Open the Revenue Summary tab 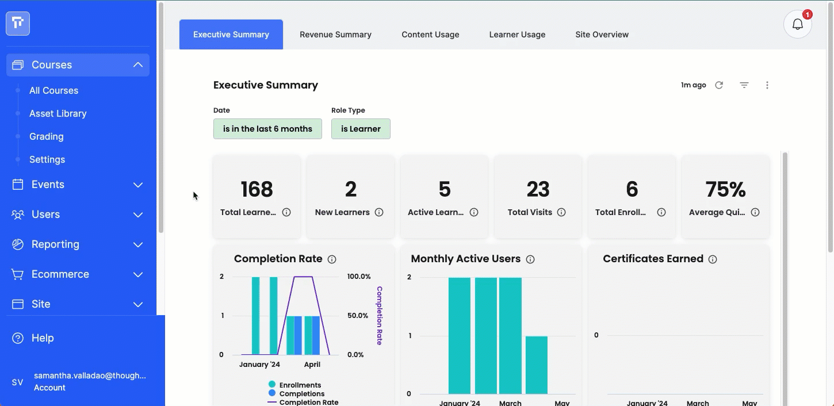[335, 35]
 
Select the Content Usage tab [430, 35]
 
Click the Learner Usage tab [517, 35]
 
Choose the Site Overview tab [602, 35]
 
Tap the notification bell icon [798, 24]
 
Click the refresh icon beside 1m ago [719, 85]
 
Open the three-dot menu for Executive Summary [767, 85]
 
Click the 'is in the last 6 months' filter [267, 129]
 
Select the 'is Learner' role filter [361, 129]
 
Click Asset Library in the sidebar [58, 113]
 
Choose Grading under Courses [47, 136]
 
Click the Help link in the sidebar [43, 338]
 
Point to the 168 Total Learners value [257, 189]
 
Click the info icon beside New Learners [378, 212]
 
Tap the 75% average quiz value [725, 189]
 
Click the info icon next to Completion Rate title [332, 259]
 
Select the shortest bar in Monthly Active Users [537, 365]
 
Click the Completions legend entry [296, 393]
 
